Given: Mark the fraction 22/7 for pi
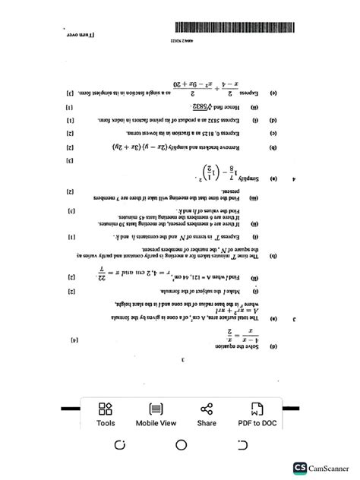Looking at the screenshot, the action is [103, 270].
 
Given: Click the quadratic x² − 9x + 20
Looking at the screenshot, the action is [174, 84].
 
